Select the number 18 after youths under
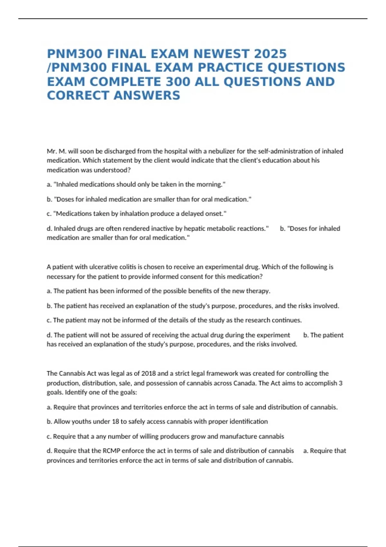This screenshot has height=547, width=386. (x=115, y=422)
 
